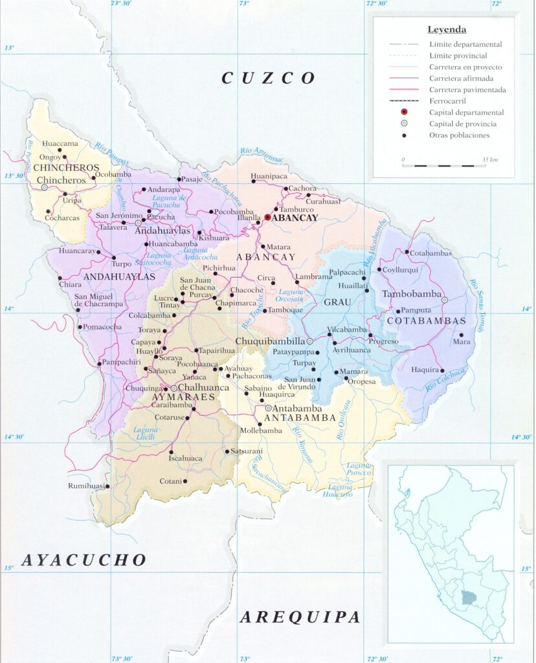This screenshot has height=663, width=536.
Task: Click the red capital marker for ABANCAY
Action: tap(267, 218)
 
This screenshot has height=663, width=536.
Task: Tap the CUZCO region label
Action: tap(269, 78)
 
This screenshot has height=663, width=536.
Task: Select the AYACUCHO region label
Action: tap(84, 560)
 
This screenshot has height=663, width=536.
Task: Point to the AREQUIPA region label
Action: tap(300, 617)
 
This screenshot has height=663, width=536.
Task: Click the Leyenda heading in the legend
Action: tap(447, 30)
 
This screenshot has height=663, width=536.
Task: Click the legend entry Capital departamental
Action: tap(466, 113)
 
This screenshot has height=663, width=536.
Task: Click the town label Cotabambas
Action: tap(431, 253)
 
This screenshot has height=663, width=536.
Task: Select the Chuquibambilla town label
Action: tap(270, 341)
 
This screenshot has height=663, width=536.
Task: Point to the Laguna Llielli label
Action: tap(146, 433)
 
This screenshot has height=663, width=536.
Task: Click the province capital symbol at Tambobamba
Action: tap(445, 300)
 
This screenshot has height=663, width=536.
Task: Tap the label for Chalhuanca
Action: tap(203, 387)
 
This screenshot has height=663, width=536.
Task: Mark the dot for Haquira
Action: tap(442, 371)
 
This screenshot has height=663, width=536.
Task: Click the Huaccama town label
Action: tap(60, 144)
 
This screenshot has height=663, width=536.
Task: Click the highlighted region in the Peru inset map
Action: tap(467, 597)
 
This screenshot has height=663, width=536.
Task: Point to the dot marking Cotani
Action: tap(185, 481)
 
